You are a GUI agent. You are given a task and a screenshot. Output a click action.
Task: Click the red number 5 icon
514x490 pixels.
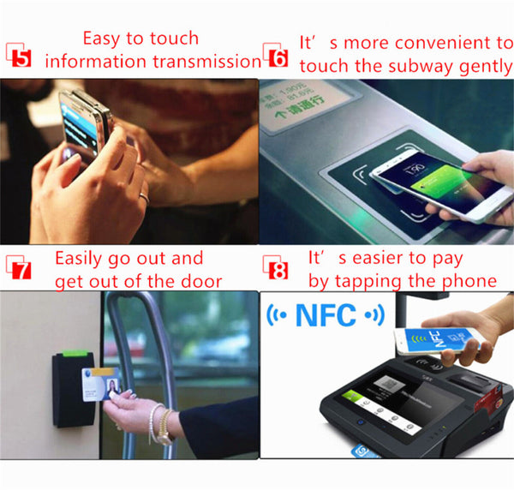point(18,58)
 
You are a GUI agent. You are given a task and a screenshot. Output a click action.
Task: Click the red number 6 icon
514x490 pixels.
point(275,58)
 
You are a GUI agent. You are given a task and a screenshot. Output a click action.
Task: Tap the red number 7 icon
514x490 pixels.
point(19,271)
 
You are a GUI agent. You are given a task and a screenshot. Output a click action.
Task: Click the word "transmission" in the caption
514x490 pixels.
point(206,61)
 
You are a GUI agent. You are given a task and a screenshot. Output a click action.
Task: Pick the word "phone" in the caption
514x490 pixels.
point(469,281)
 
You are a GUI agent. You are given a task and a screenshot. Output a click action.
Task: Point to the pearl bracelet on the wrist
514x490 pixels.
point(159,423)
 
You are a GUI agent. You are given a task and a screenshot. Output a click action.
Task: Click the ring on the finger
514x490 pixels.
point(143,198)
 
